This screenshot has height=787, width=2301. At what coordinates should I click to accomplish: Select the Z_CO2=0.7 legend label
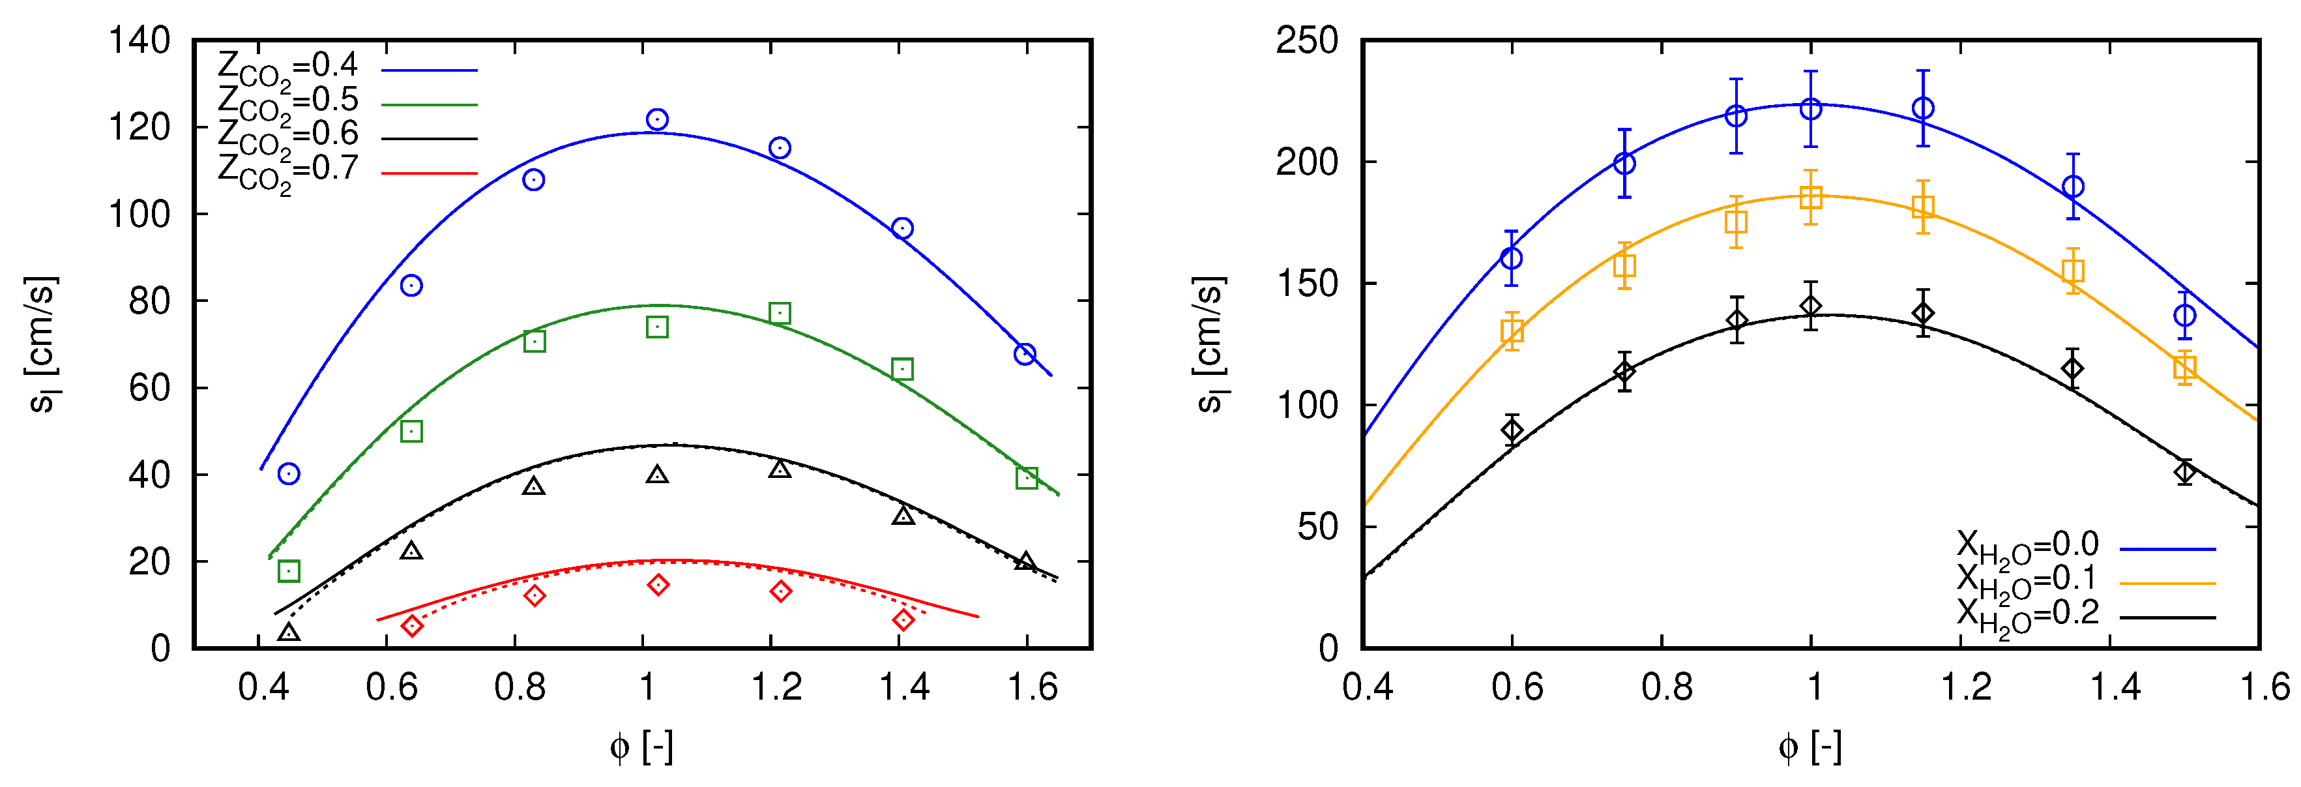click(x=287, y=171)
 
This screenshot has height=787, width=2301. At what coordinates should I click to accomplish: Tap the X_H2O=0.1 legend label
click(x=2026, y=582)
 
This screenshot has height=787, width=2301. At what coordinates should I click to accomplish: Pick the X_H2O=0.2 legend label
click(x=2026, y=616)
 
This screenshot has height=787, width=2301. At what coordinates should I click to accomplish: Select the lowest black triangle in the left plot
click(x=289, y=632)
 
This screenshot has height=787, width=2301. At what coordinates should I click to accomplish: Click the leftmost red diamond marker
click(x=412, y=625)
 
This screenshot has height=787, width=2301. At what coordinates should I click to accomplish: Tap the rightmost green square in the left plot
click(x=1027, y=478)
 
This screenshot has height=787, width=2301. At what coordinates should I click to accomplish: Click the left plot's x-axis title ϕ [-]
click(x=641, y=747)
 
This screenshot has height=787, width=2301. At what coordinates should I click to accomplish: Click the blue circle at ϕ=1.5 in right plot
click(x=2184, y=316)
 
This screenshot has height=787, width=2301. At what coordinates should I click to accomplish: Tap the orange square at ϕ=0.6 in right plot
click(x=1512, y=331)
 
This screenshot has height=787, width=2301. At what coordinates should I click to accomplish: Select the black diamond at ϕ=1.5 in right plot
click(x=2184, y=471)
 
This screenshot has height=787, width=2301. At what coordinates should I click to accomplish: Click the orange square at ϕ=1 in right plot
click(x=1811, y=198)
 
